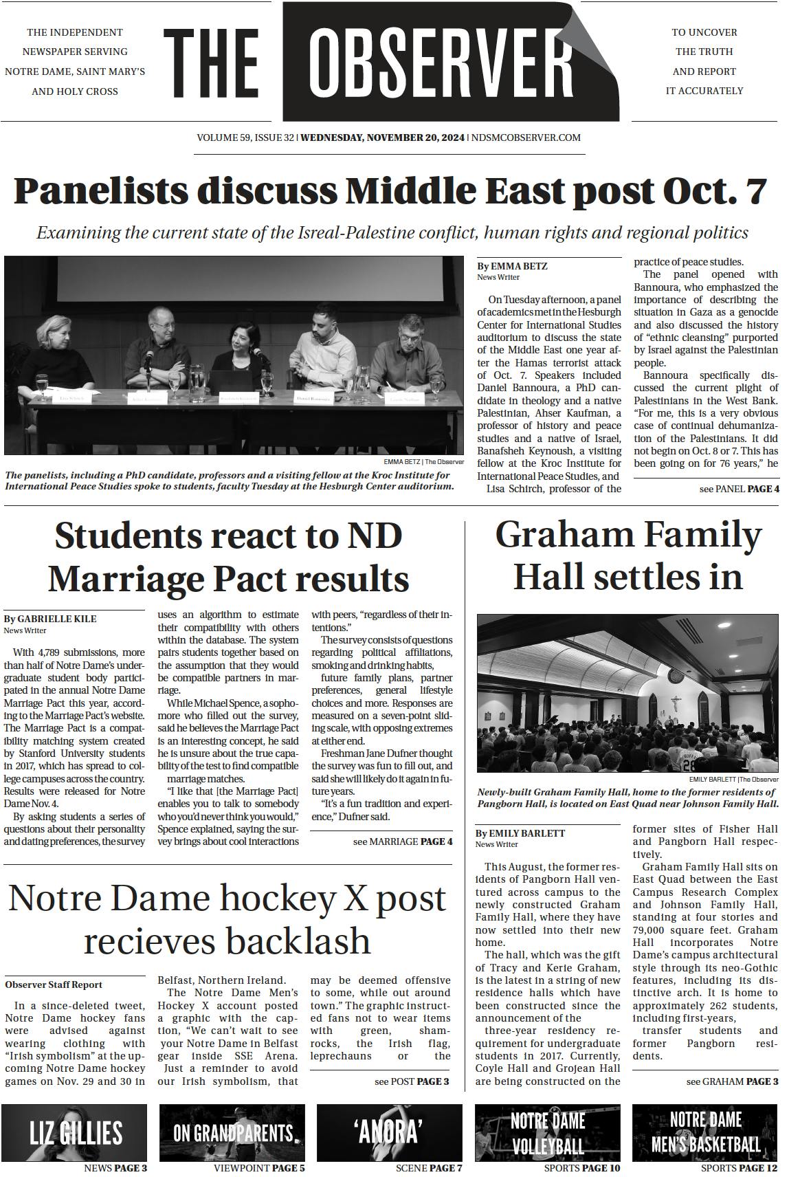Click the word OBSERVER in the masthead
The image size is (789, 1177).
440,63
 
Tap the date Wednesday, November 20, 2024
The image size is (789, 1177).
382,137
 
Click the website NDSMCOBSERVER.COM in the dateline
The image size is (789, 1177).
526,137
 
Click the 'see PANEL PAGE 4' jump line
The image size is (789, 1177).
739,489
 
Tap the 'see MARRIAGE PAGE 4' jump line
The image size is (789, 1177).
402,841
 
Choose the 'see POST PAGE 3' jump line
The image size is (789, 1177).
411,1081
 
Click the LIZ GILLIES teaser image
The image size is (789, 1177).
75,1132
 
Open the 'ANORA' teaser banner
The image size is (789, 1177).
389,1132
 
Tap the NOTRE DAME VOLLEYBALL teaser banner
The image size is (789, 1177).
547,1132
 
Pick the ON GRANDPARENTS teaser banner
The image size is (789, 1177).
232,1132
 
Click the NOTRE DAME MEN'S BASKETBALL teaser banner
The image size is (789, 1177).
704,1132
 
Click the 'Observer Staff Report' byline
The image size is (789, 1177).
54,984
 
